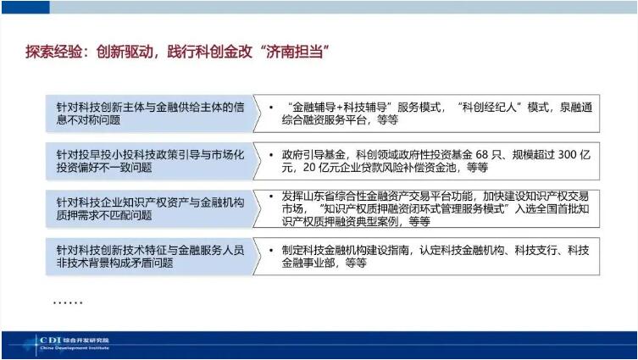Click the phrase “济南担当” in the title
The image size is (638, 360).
tap(287, 52)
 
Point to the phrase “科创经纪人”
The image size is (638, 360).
tap(492, 108)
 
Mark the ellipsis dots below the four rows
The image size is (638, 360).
tap(68, 302)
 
